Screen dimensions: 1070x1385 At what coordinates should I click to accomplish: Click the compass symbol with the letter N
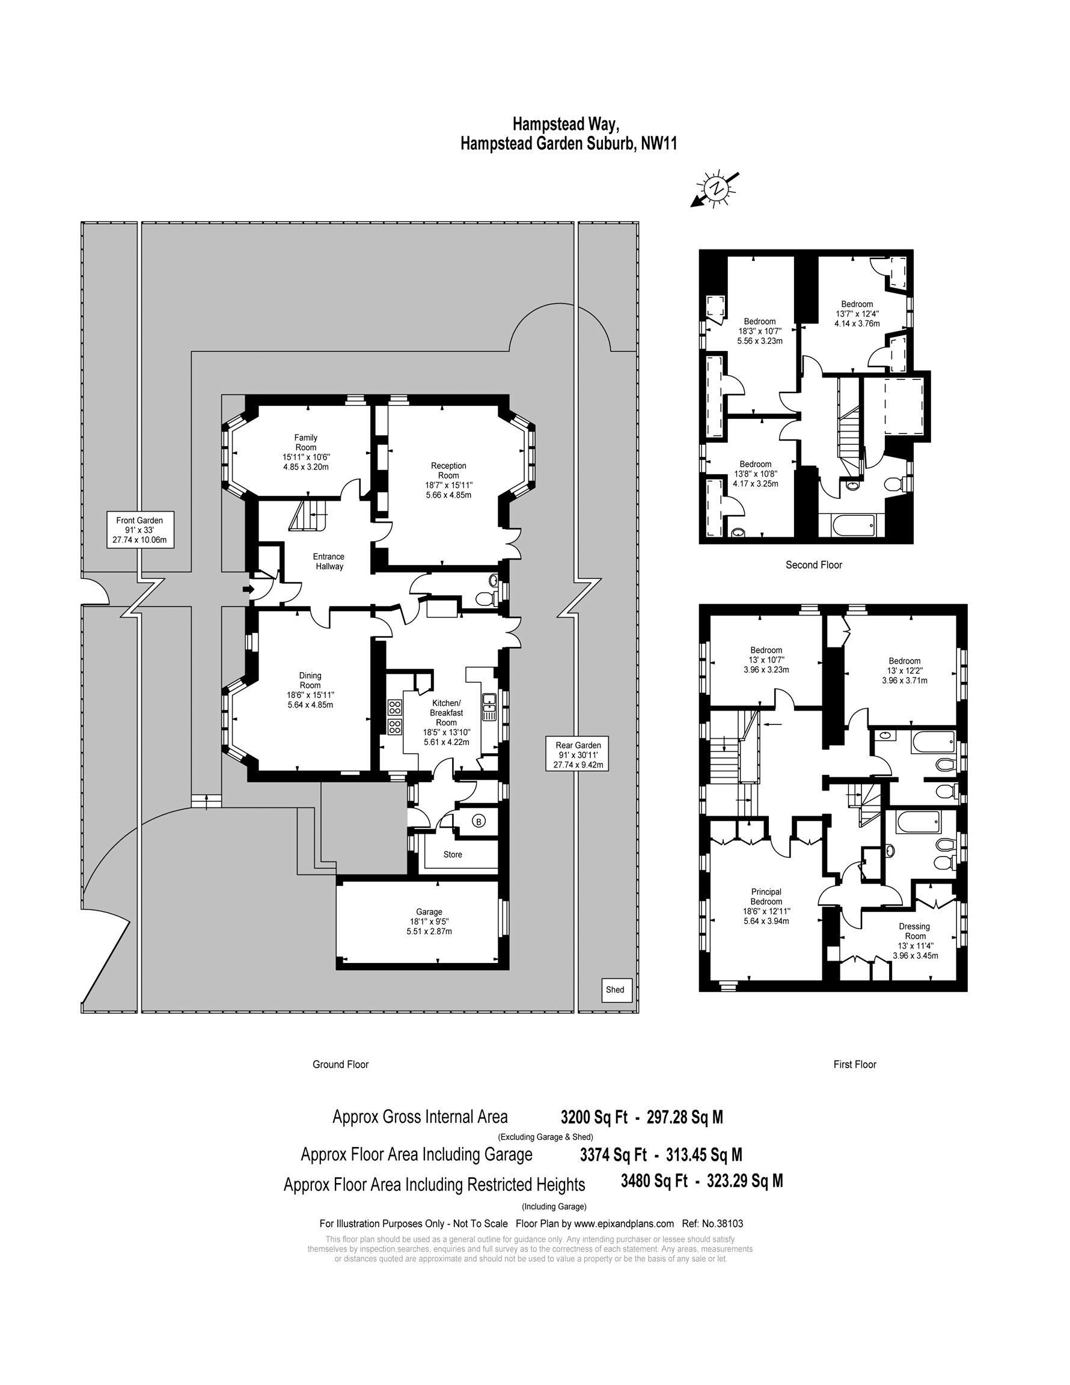coord(716,189)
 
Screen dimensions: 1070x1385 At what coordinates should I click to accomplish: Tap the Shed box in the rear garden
coord(617,990)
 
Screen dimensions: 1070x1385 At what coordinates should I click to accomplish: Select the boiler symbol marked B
coord(479,822)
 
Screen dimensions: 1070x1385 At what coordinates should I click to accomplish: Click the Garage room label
coord(429,912)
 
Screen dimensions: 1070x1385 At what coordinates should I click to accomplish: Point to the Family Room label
coord(306,442)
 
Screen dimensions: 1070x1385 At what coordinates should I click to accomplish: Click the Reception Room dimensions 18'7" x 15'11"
coord(448,485)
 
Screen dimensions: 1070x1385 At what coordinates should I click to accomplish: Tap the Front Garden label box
coord(139,530)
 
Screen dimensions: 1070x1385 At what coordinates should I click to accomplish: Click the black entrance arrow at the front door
coord(249,590)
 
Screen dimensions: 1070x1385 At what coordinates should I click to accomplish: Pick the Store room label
coord(453,854)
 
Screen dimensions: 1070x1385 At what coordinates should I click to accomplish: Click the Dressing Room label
coord(914,931)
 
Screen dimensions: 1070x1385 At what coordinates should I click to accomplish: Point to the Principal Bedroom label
coord(766,897)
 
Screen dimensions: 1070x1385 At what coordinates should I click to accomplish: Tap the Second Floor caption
coord(814,564)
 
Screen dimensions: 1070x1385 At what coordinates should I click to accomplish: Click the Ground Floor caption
coord(341,1064)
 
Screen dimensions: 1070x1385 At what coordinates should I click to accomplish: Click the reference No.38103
coord(723,1224)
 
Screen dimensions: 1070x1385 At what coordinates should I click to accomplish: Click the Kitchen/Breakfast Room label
coord(447,712)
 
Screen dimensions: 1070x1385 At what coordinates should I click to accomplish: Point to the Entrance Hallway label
coord(329,561)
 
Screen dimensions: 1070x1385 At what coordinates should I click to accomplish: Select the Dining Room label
coord(310,680)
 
